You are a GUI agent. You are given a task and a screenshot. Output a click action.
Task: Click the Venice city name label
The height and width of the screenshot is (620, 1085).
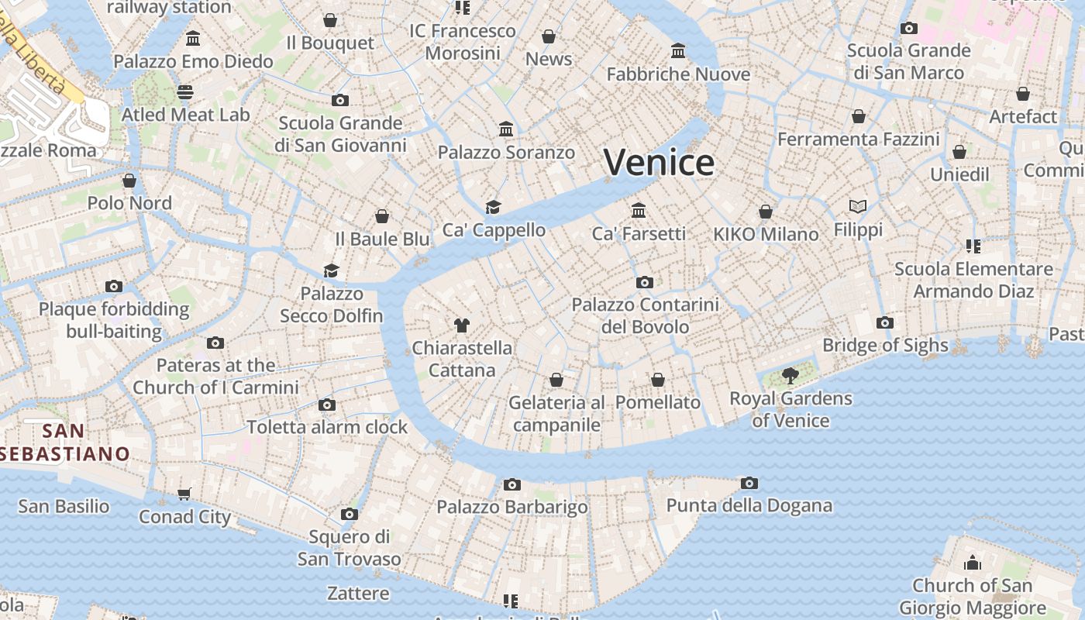tap(659, 163)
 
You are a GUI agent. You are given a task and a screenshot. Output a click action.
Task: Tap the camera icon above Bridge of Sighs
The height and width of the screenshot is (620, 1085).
tap(884, 323)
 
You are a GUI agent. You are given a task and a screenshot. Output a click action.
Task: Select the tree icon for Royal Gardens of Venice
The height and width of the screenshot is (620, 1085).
tap(790, 377)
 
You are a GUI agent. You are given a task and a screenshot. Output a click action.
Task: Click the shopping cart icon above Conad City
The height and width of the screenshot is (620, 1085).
tap(184, 494)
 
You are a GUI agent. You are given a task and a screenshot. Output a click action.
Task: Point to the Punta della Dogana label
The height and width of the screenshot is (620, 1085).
tap(749, 506)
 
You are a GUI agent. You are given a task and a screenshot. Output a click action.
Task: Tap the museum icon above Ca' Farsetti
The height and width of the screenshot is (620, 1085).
tap(639, 210)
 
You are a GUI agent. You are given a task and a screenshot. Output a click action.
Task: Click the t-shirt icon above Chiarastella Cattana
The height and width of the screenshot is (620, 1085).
tap(462, 325)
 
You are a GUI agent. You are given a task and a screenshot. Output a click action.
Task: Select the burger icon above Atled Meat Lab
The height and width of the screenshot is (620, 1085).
tap(185, 92)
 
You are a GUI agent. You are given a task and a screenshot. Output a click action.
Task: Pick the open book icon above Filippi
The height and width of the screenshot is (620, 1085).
tap(857, 207)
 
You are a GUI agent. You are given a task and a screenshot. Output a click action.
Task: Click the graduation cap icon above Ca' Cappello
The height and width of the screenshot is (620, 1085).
tap(493, 207)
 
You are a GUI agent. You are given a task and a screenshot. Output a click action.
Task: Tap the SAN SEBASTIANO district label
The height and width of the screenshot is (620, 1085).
tap(65, 443)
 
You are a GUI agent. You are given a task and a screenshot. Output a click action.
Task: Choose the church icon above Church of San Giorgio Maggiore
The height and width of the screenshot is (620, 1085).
tap(972, 563)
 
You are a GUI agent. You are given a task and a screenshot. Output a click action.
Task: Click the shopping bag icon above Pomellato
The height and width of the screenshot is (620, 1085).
tap(658, 380)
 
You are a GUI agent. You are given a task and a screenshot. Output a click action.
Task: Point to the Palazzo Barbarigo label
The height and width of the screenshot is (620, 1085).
tap(511, 508)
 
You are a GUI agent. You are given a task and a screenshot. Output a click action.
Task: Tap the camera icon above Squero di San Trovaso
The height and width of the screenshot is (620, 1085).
tap(350, 515)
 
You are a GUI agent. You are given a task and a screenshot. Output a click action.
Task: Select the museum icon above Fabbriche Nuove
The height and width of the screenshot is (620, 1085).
tap(678, 51)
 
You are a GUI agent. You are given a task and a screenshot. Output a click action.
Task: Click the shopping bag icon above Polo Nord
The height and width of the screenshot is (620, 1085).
tap(129, 181)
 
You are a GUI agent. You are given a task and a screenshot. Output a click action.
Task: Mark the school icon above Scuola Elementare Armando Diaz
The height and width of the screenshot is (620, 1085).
tap(973, 246)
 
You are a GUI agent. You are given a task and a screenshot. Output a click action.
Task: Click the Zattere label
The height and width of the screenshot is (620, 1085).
tap(358, 594)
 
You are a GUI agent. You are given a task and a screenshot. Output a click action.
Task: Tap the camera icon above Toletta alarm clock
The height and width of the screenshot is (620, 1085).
tap(327, 405)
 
